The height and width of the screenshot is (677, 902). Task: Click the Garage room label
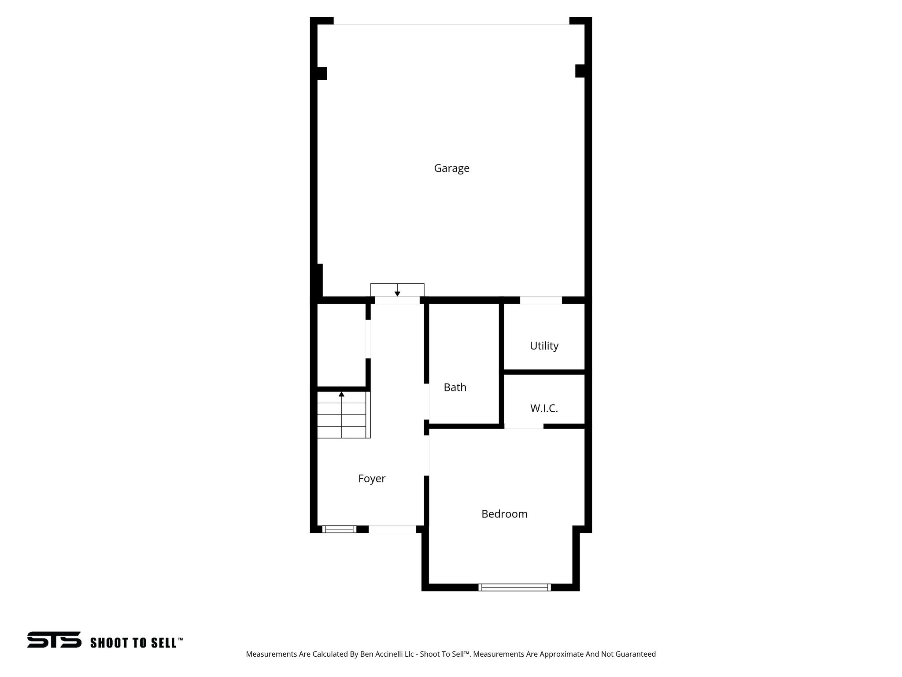point(451,168)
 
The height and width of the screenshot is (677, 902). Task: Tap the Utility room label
point(544,346)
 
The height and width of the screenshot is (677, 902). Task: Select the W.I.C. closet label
point(544,409)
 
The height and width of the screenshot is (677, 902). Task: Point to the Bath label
point(455,387)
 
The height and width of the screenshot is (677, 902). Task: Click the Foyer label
point(372,479)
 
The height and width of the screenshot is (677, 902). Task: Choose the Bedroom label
point(504,514)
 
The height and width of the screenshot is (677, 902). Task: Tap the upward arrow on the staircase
point(341,394)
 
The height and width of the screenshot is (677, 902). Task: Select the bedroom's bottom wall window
point(514,587)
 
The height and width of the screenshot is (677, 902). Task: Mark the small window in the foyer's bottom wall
point(339,529)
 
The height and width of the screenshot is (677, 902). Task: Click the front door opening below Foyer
point(392,529)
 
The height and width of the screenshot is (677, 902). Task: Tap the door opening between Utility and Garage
point(541,300)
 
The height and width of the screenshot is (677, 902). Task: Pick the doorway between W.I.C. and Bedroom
point(524,426)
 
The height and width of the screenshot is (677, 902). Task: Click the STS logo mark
point(54,640)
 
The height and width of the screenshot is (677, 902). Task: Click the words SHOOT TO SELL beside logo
point(136,643)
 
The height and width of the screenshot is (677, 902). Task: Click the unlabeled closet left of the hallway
point(341,344)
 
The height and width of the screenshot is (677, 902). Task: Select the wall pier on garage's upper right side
point(580,71)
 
